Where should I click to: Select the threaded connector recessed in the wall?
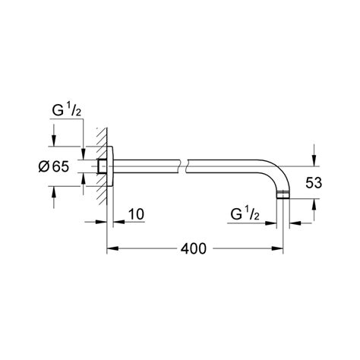[x=101, y=165]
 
